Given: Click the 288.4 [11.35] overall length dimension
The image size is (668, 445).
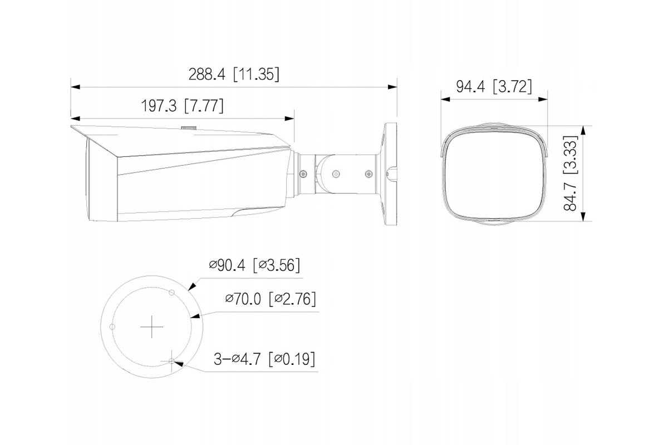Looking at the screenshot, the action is click(234, 74).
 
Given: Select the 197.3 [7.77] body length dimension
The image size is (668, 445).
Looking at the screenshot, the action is click(182, 106).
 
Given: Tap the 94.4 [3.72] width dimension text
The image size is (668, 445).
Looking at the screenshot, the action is click(494, 86).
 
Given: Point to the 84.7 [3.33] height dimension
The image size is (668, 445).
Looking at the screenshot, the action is click(570, 173).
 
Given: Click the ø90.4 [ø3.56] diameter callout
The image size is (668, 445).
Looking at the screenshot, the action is click(254, 265).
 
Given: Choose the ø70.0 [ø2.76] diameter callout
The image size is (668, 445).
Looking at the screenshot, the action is click(271, 299).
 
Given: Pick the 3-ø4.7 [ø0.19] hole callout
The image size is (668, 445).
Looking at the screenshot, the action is click(264, 359).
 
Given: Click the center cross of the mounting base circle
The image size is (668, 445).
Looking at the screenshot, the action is click(152, 327).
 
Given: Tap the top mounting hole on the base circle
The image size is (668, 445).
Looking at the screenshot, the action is click(171, 293).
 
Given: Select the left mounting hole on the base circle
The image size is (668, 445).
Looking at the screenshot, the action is click(112, 327).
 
